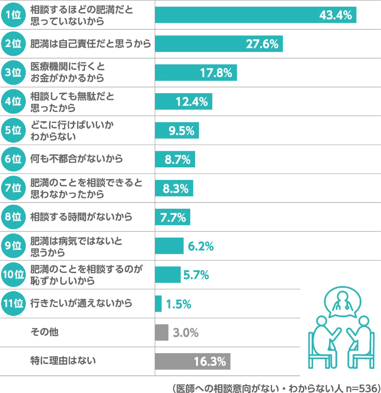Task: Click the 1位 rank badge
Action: click(x=13, y=15)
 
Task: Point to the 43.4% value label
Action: click(x=335, y=15)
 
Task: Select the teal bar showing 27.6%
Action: click(x=218, y=44)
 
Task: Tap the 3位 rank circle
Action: click(x=13, y=72)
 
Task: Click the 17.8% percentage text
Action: click(x=216, y=73)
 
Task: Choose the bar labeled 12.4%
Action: click(x=184, y=101)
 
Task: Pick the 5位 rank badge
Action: click(x=13, y=130)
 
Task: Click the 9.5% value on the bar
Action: click(x=182, y=131)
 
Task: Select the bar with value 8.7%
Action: click(x=176, y=159)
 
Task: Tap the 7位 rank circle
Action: click(x=13, y=188)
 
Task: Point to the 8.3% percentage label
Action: click(x=176, y=189)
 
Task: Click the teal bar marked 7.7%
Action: click(x=173, y=217)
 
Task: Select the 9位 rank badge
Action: click(x=13, y=246)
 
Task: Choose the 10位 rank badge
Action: click(x=13, y=275)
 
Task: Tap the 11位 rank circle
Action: click(x=13, y=304)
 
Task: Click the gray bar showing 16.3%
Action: click(x=193, y=361)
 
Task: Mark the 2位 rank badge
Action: click(x=13, y=44)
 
